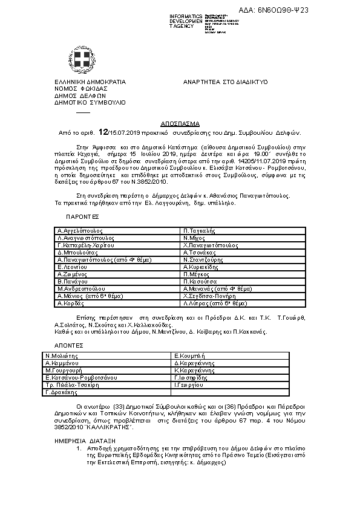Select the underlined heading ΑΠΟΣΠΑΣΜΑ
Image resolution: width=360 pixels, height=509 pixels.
pos(182,122)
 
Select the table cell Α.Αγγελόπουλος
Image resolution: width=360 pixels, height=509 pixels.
pos(80,231)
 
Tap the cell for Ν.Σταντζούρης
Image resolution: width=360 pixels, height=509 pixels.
pos(201,260)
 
